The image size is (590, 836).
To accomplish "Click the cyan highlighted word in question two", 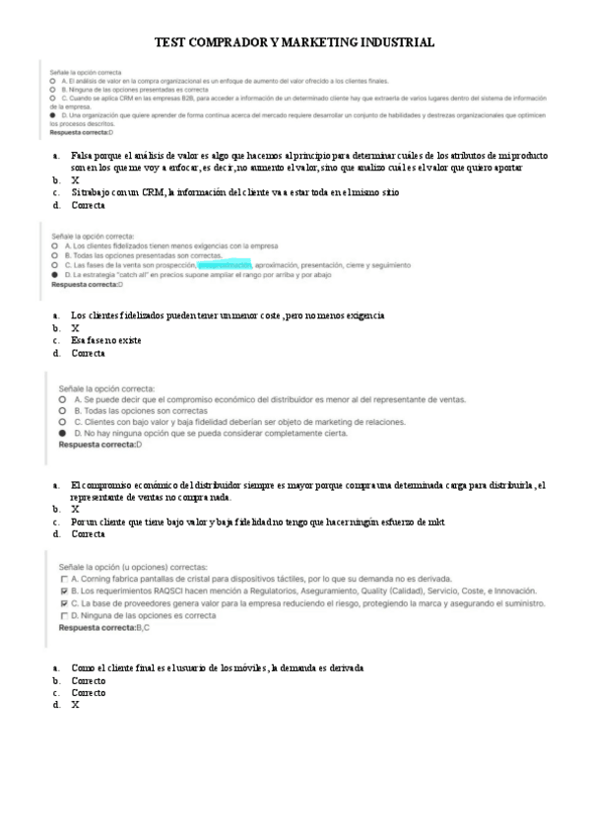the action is [224, 265].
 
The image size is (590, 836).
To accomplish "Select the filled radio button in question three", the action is [63, 433].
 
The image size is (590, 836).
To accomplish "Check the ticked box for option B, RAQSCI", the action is [64, 591].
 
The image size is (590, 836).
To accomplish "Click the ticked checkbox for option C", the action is [64, 602].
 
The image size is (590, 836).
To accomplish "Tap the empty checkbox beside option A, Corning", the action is [64, 579].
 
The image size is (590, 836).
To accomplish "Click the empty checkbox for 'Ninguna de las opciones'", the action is [64, 615].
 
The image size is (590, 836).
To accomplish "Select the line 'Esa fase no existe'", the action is [106, 340].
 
